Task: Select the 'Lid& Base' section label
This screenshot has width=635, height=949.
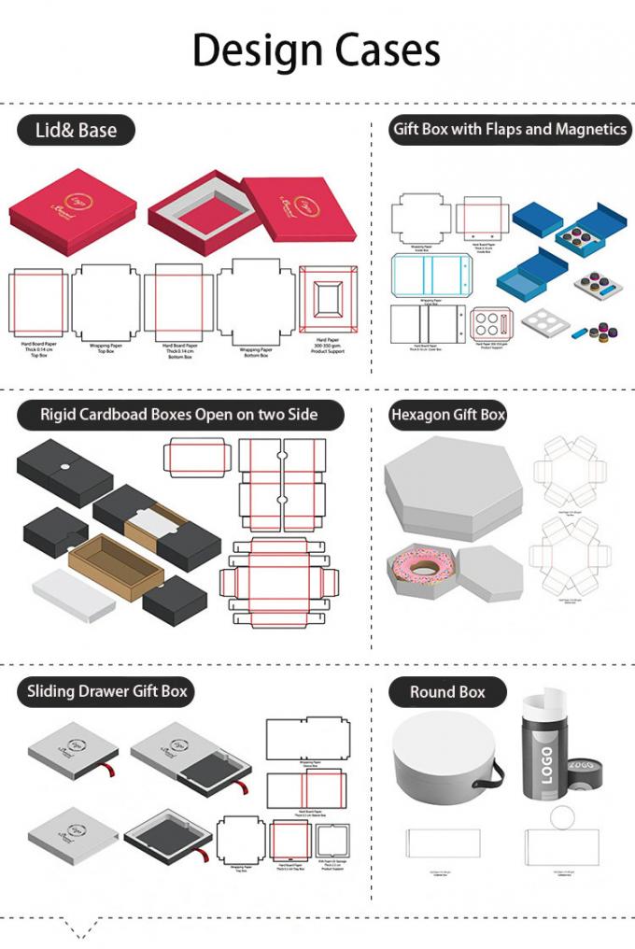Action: coord(76,131)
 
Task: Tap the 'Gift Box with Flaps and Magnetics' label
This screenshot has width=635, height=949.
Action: coord(509,129)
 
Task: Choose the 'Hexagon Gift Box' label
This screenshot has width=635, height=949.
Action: coord(447,415)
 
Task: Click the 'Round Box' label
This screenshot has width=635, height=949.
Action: coord(447,692)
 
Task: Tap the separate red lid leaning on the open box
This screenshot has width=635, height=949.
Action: coord(300,206)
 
